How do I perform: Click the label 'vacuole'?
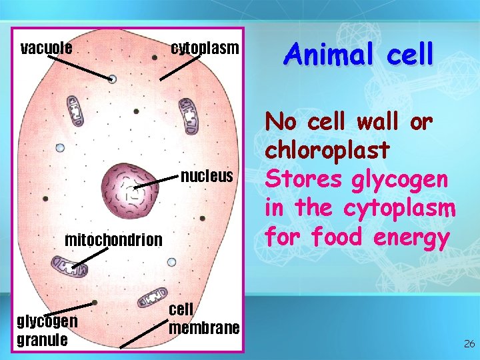tap(47, 49)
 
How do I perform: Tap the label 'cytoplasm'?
tap(204, 49)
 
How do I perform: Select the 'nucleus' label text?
tap(207, 177)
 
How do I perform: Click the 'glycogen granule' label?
tap(47, 330)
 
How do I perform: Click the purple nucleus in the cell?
tap(131, 192)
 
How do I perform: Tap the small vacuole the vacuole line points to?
tap(112, 79)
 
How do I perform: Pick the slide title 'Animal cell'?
tap(359, 53)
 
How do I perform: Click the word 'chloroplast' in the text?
tap(327, 150)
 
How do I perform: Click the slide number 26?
tap(469, 344)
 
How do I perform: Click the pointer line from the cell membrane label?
tap(143, 333)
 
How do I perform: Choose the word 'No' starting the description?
tap(279, 121)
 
